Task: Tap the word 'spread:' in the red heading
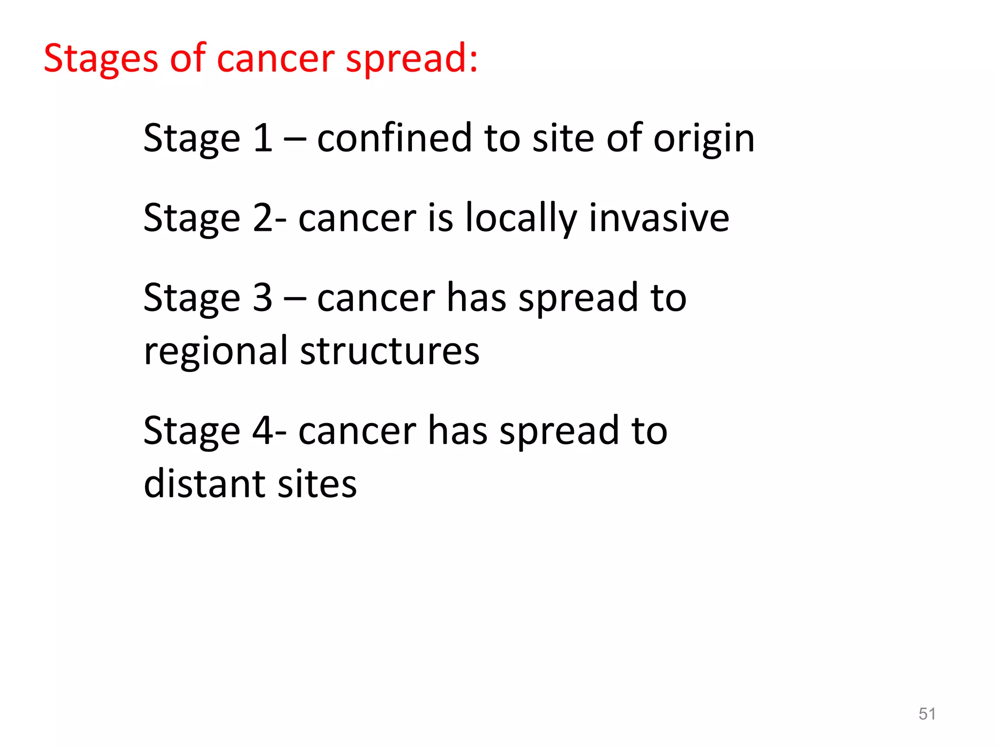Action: pos(412,59)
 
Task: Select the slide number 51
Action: pos(927,713)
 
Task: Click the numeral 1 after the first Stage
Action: pos(263,138)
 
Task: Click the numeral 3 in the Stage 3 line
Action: pos(263,298)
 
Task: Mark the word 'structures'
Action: pos(389,351)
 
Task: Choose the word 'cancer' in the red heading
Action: pos(275,59)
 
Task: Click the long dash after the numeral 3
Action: pos(295,299)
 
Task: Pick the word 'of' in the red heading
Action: pos(188,59)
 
